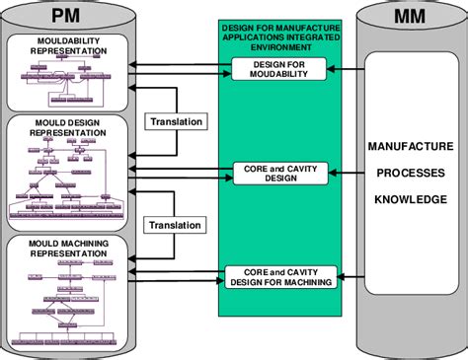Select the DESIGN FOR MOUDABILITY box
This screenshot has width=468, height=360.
coord(273,68)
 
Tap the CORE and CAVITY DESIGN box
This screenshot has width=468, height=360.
coord(273,173)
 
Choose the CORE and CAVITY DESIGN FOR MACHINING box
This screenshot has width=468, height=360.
coord(279,277)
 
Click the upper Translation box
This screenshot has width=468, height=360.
coord(177,121)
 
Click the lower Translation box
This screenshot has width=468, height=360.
coord(177,224)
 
